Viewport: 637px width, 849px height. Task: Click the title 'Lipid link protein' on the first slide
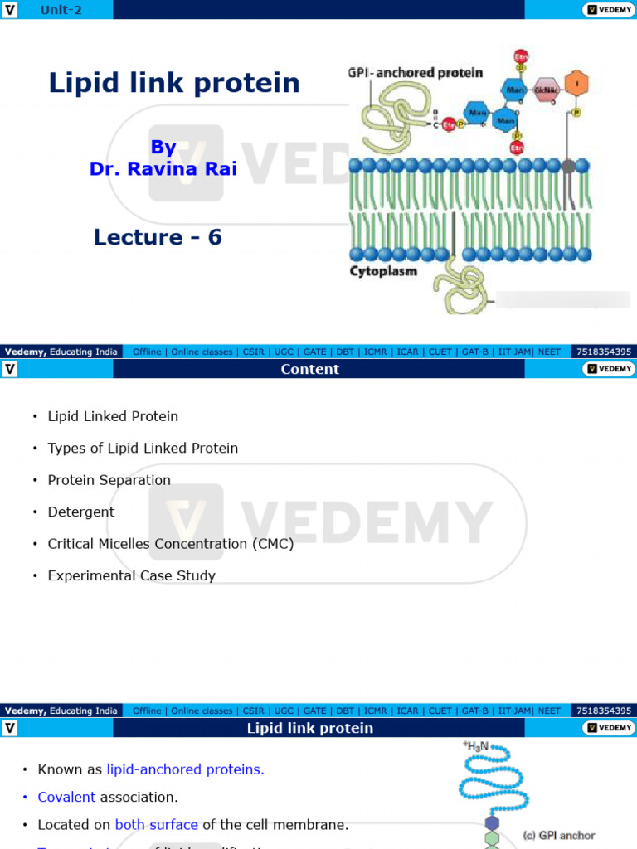[x=174, y=83]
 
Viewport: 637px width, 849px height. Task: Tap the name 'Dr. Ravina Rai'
[x=163, y=168]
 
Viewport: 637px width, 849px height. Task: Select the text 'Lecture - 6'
[x=158, y=237]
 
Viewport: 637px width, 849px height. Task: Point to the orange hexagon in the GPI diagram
[x=575, y=84]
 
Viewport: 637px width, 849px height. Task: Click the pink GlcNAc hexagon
[x=545, y=90]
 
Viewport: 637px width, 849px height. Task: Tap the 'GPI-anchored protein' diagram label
[x=415, y=73]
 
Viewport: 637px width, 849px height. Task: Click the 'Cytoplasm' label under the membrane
[x=383, y=271]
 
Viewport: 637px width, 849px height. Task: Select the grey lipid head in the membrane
[x=568, y=166]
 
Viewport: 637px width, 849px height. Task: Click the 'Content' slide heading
[x=309, y=369]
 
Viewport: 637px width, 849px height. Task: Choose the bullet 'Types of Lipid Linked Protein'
[x=143, y=448]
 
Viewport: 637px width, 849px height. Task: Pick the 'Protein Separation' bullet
[x=109, y=480]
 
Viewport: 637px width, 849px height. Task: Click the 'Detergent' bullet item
[x=81, y=512]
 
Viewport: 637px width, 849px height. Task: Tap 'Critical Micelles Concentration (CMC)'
[x=171, y=544]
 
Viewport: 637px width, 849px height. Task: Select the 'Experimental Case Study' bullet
[x=131, y=575]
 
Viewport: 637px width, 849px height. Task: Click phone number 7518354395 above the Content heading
[x=603, y=352]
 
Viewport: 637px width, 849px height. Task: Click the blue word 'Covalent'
[x=66, y=797]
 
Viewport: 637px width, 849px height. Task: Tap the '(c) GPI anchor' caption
[x=558, y=835]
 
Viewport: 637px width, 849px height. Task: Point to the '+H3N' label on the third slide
[x=476, y=746]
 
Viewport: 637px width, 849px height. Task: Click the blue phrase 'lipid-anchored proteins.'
[x=185, y=769]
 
